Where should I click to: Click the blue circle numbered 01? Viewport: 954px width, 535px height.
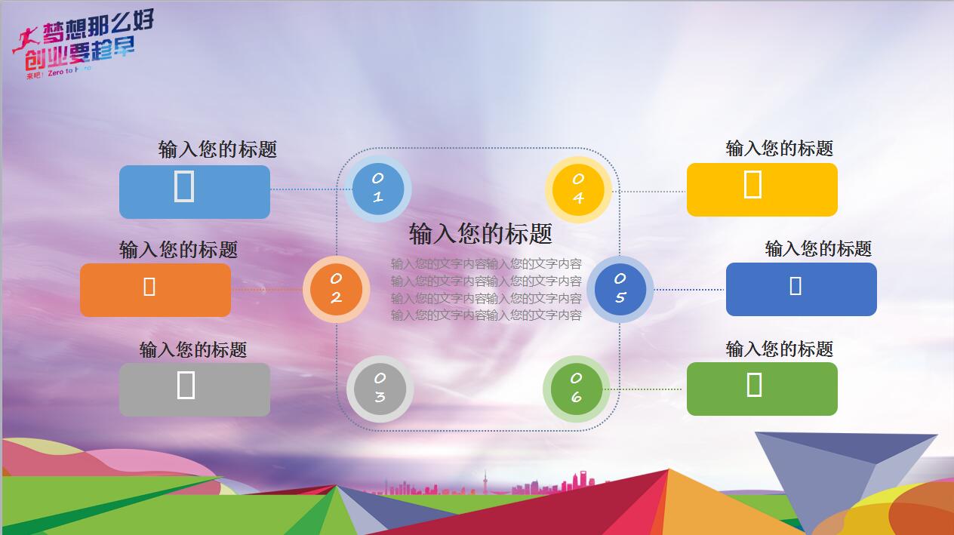[x=377, y=189]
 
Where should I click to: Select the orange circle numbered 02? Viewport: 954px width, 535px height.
[x=336, y=289]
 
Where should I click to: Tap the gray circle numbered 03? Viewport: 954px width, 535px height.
[x=380, y=389]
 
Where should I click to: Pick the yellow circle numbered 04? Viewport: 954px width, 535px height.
[x=578, y=189]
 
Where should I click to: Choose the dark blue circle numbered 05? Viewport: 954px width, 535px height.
[x=620, y=289]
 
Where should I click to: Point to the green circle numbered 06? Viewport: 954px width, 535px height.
[x=576, y=389]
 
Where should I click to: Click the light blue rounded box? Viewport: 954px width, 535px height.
[x=195, y=192]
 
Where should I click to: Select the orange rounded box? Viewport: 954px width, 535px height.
[x=155, y=290]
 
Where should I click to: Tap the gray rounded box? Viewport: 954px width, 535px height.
[x=195, y=389]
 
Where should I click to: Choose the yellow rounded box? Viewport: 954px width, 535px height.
[x=762, y=189]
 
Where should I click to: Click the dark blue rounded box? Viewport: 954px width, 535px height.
[x=802, y=289]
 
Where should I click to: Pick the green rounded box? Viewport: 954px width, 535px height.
[x=762, y=389]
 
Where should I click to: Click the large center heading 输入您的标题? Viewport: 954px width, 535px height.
[x=481, y=234]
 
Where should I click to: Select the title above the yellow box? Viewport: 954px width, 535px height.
[x=780, y=149]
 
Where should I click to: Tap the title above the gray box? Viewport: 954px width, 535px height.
[x=193, y=350]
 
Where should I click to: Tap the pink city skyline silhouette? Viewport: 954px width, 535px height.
[x=483, y=485]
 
